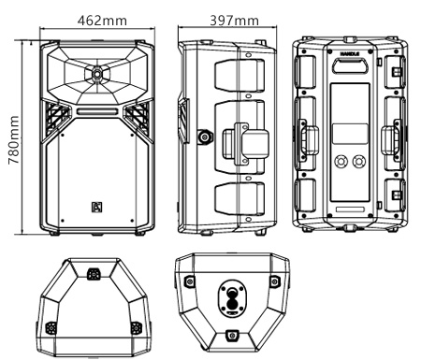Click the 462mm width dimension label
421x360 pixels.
pyautogui.click(x=102, y=21)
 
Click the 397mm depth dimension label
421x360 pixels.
pyautogui.click(x=234, y=21)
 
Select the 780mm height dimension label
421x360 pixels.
pyautogui.click(x=13, y=140)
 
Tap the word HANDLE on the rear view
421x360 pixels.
pyautogui.click(x=350, y=54)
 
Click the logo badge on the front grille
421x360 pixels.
pyautogui.click(x=96, y=207)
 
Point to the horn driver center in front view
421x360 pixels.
pyautogui.click(x=97, y=74)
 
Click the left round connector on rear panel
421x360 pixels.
pyautogui.click(x=340, y=162)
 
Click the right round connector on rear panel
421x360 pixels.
pyautogui.click(x=358, y=162)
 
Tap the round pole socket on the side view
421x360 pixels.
pyautogui.click(x=205, y=137)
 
